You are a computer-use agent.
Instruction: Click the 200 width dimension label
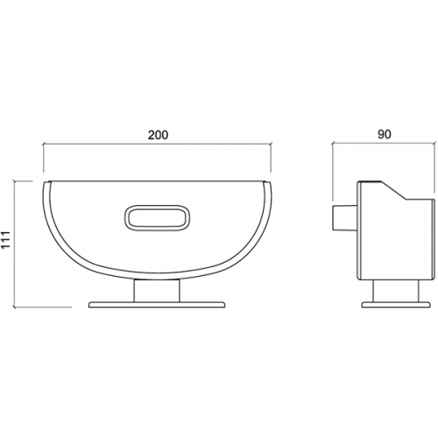click(x=158, y=135)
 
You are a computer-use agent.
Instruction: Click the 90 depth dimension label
click(x=384, y=134)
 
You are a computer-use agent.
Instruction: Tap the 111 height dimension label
click(x=5, y=239)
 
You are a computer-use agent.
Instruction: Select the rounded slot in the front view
click(x=157, y=217)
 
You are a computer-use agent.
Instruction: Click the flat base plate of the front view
click(x=157, y=305)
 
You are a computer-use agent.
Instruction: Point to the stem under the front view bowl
click(x=157, y=291)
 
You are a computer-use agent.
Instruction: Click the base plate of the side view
click(x=396, y=305)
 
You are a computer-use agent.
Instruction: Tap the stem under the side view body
click(x=396, y=291)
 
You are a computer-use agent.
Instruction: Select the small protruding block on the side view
click(x=344, y=217)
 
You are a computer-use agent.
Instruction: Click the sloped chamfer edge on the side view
click(x=393, y=190)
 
